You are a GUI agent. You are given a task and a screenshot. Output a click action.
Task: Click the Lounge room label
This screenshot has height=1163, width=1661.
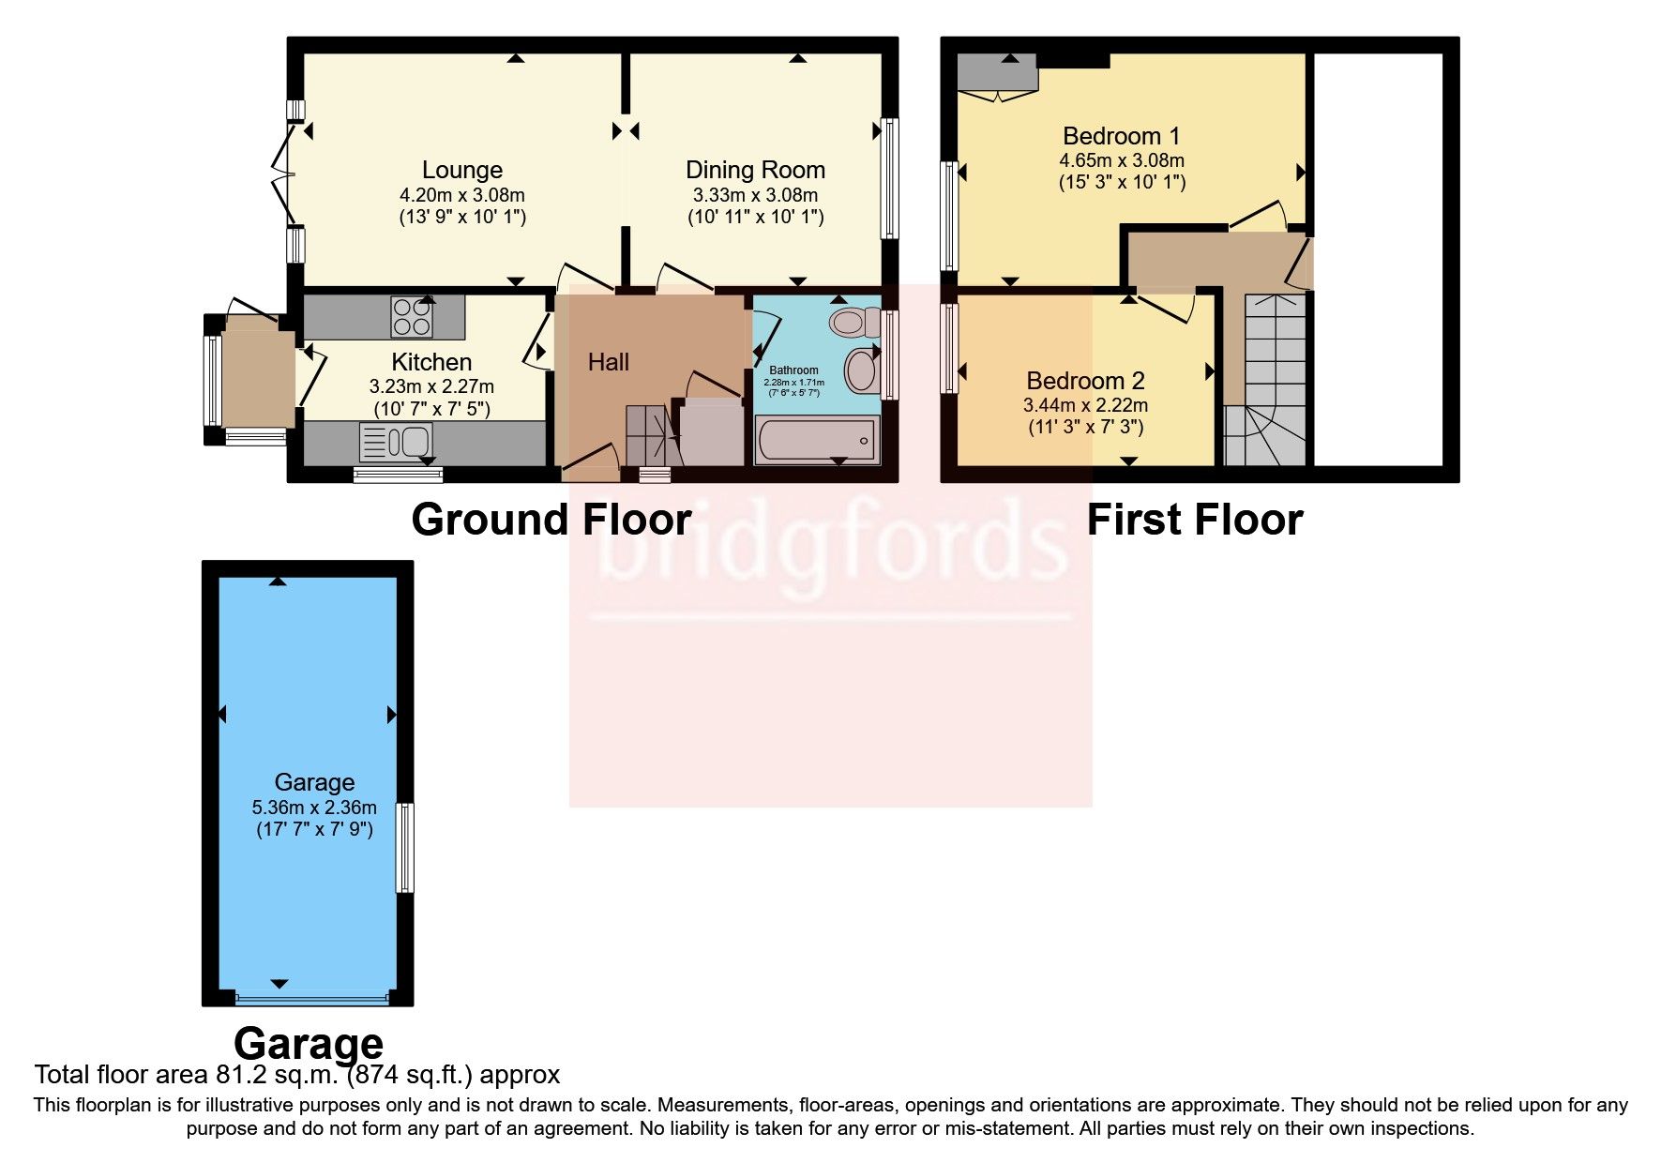pos(461,170)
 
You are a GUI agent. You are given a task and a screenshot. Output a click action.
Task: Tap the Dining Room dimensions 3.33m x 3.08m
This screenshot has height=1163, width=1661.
pos(755,195)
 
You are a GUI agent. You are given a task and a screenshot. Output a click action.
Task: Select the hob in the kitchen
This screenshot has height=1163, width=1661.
pos(413,316)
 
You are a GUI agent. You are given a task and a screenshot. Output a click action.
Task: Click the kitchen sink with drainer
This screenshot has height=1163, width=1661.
pos(395,442)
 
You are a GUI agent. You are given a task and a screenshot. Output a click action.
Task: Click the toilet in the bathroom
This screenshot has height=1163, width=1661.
pos(854,323)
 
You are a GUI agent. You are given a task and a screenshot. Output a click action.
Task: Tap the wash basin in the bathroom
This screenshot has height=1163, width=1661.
pos(860,370)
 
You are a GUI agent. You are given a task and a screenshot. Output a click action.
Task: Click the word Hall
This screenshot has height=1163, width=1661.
pos(608,362)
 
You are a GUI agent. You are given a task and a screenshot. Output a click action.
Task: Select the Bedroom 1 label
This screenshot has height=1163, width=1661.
pos(1121,136)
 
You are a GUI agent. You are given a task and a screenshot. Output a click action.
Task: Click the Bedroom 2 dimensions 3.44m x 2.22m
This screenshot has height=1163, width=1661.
pos(1085,405)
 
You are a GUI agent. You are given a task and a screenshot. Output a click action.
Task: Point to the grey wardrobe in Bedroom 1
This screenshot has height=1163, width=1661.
pos(996,72)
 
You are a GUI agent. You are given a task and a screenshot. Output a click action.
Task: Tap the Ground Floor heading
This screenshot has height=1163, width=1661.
pos(551,520)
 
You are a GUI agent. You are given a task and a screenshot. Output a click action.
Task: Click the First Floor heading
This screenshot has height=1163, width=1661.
pos(1194,520)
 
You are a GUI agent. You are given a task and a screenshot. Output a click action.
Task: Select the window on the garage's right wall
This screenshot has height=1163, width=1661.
pos(405,847)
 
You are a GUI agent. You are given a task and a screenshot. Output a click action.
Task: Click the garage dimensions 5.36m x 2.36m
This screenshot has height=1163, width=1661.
pos(314,807)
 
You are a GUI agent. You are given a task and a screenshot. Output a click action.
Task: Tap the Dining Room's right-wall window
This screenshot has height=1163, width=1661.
pos(889,178)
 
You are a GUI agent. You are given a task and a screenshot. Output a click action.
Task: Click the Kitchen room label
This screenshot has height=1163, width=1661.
pos(430,362)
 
